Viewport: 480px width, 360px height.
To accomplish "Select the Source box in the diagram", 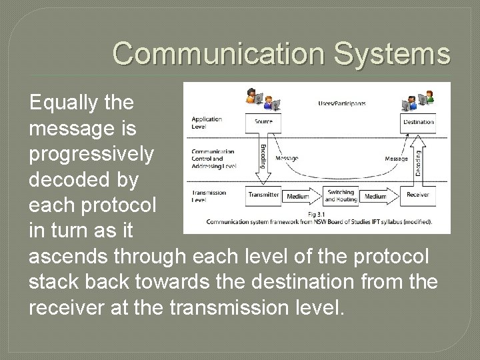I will pyautogui.click(x=263, y=122).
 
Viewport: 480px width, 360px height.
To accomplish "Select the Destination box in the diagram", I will pyautogui.click(x=417, y=122).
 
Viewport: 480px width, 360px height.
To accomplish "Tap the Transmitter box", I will pyautogui.click(x=263, y=195).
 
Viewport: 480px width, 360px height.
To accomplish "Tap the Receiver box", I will pyautogui.click(x=418, y=195).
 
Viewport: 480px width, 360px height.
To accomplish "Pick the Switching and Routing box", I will pyautogui.click(x=341, y=195).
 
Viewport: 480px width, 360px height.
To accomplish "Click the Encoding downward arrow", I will pyautogui.click(x=263, y=157).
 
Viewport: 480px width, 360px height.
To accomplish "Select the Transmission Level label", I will pyautogui.click(x=208, y=195).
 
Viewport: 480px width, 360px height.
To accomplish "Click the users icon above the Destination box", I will pyautogui.click(x=417, y=99).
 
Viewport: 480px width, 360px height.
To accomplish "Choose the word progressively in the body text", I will pyautogui.click(x=91, y=154).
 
